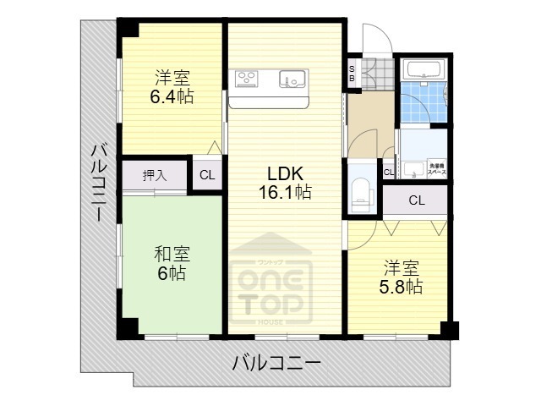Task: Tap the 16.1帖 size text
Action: pyautogui.click(x=284, y=192)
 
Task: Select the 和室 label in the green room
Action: pyautogui.click(x=172, y=254)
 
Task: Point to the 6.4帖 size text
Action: pyautogui.click(x=172, y=96)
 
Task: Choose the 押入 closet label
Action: pyautogui.click(x=154, y=176)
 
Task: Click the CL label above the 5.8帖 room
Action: pyautogui.click(x=416, y=200)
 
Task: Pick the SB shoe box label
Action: pyautogui.click(x=352, y=73)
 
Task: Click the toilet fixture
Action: pyautogui.click(x=361, y=191)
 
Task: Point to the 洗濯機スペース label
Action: pyautogui.click(x=436, y=168)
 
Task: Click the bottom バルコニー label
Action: pyautogui.click(x=276, y=365)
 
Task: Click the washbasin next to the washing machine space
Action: pyautogui.click(x=413, y=168)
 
